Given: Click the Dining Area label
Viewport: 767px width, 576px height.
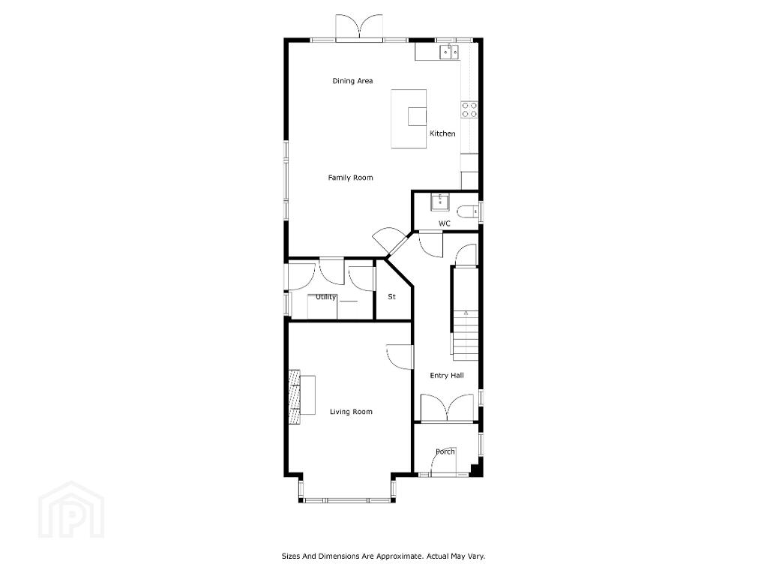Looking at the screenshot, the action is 352,81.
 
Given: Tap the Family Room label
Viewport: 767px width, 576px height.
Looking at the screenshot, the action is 350,178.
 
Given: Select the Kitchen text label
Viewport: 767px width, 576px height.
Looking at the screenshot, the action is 442,133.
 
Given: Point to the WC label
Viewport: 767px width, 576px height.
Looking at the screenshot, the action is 444,223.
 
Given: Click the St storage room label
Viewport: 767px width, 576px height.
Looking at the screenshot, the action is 391,296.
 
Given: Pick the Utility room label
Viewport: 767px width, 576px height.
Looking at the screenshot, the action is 326,297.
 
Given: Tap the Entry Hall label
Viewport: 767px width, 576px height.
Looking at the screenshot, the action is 447,375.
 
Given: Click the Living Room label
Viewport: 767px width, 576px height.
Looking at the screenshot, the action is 351,412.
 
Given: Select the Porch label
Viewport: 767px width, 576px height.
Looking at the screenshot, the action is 445,451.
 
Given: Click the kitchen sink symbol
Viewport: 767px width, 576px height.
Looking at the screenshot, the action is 450,50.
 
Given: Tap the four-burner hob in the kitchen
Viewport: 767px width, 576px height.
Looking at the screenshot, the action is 469,109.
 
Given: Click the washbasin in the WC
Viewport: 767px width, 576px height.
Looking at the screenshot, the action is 440,202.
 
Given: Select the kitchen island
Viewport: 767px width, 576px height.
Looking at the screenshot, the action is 409,118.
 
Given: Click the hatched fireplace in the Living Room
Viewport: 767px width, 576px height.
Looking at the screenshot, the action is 294,397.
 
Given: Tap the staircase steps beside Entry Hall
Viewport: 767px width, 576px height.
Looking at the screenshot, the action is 466,335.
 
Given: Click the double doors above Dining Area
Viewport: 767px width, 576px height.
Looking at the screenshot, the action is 358,26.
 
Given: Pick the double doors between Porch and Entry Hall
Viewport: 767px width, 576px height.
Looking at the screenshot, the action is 447,408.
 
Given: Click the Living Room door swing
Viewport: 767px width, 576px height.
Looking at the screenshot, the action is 400,357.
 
